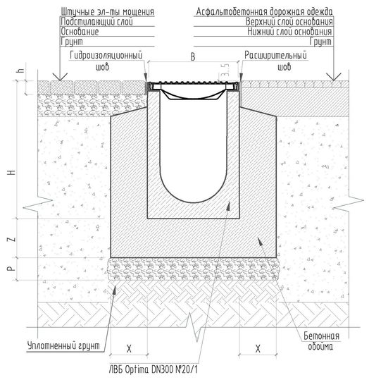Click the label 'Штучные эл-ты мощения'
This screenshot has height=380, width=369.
[x=108, y=11]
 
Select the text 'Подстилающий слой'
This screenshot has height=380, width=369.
[x=97, y=22]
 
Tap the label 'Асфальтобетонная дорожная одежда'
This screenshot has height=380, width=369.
[x=264, y=11]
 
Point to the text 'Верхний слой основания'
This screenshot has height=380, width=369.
[x=289, y=22]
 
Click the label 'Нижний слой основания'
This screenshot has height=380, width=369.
[x=289, y=32]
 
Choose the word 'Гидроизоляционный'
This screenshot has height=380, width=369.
[x=106, y=55]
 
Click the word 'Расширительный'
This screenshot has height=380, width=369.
[x=275, y=55]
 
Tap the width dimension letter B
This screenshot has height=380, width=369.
[x=193, y=57]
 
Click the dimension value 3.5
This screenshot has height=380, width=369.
[x=225, y=71]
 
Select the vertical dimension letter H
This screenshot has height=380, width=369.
[x=12, y=173]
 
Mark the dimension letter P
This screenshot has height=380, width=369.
[x=12, y=269]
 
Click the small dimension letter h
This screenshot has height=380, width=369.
[x=22, y=71]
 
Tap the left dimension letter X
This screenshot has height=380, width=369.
[x=129, y=349]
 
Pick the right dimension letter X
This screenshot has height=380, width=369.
[x=258, y=349]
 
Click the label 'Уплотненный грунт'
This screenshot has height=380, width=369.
[x=63, y=345]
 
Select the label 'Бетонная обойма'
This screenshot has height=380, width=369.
[x=321, y=341]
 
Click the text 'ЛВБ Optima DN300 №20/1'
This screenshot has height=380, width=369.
[x=153, y=369]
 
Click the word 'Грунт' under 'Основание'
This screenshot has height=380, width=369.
[x=72, y=42]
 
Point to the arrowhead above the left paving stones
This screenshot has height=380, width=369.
[x=60, y=77]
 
